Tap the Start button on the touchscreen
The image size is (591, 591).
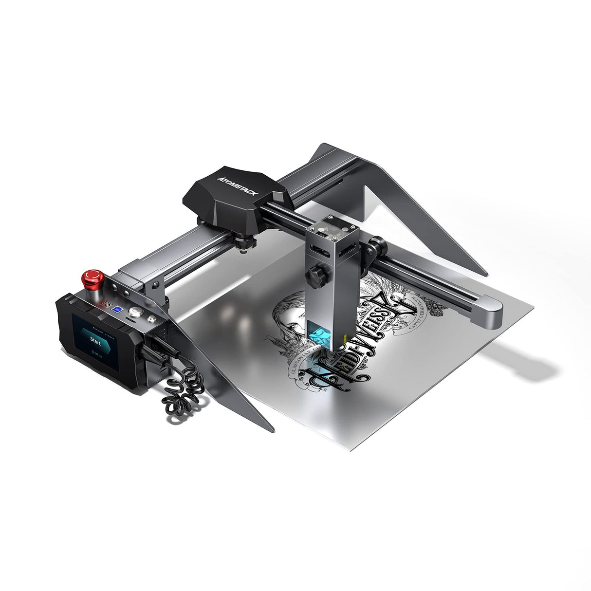point(96,336)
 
